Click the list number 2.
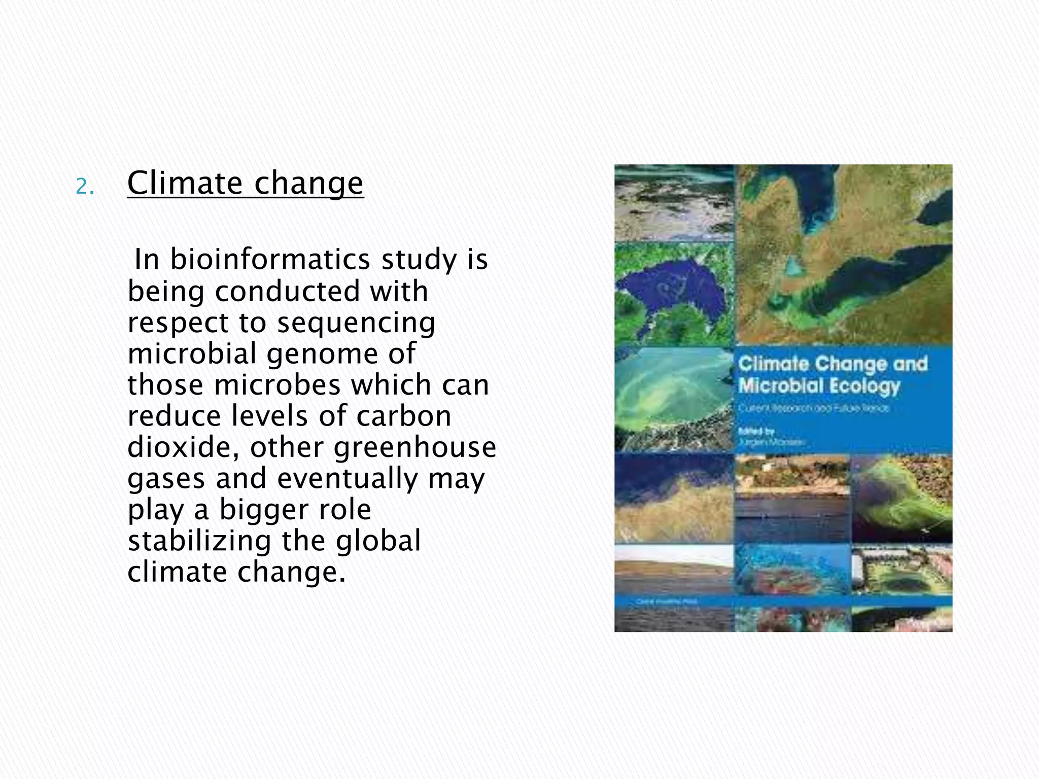coord(84,188)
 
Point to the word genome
coord(322,353)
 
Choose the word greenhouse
coord(414,447)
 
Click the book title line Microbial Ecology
coord(818,386)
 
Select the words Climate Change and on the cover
coord(832,364)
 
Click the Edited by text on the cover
coord(755,432)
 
